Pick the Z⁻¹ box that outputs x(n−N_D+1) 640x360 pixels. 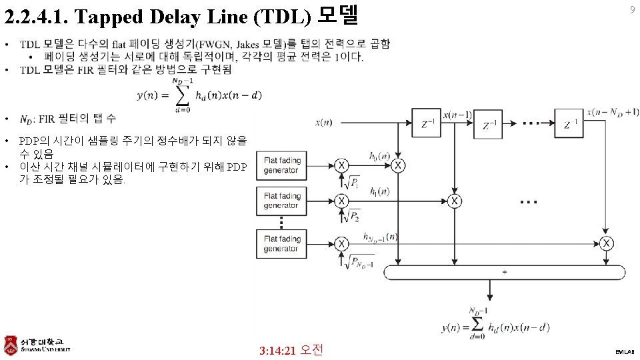[x=569, y=123]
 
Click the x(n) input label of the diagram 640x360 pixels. [x=324, y=122]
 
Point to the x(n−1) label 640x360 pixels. [x=457, y=115]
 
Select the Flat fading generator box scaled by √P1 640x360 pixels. [x=281, y=165]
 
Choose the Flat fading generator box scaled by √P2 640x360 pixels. [x=281, y=201]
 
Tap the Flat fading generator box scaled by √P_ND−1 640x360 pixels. [x=281, y=243]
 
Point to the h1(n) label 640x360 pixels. [x=381, y=192]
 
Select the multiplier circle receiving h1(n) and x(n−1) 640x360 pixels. [x=455, y=201]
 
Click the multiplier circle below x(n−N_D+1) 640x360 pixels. [x=606, y=243]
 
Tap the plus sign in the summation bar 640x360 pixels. [x=504, y=272]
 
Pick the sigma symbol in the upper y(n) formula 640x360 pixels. [x=181, y=96]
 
